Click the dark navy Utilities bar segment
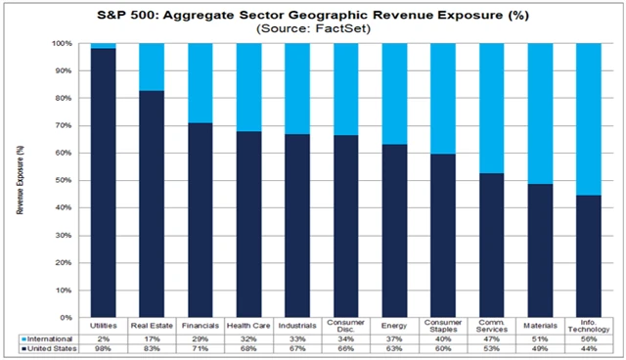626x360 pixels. click(x=103, y=182)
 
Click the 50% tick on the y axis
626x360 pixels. click(x=64, y=180)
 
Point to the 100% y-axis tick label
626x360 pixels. click(x=62, y=44)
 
